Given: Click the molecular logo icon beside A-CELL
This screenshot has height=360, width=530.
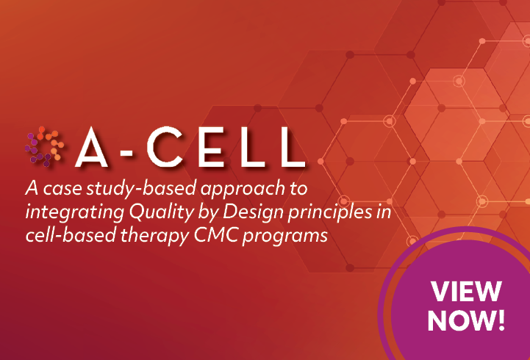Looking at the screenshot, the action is click(44, 146).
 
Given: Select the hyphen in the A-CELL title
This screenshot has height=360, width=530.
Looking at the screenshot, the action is click(126, 153).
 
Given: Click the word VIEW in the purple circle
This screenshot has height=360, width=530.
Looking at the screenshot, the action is click(466, 291).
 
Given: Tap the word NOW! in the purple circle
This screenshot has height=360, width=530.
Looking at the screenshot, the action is click(467, 320).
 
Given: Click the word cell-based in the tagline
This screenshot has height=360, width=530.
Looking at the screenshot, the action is click(71, 235).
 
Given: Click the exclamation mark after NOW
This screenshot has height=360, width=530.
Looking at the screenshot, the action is click(501, 320).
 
